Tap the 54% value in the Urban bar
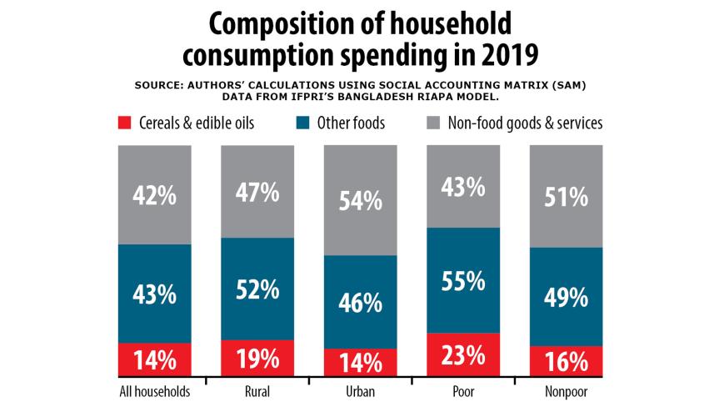point(360,200)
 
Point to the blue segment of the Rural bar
point(257,289)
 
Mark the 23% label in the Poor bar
point(463,356)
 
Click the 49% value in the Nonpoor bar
point(566,297)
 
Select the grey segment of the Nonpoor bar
point(566,196)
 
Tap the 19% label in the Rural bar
point(257,359)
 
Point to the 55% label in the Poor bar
point(463,281)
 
